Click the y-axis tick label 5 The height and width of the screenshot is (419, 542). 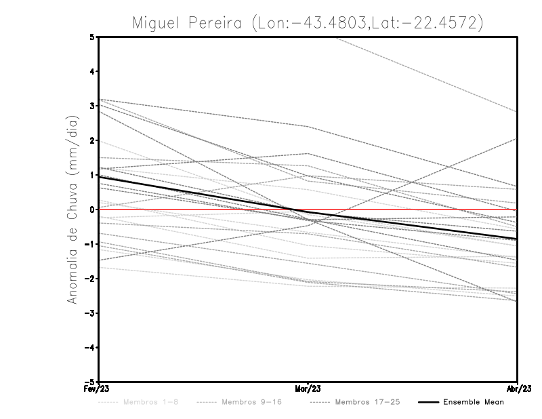92,37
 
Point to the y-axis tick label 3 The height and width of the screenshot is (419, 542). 92,106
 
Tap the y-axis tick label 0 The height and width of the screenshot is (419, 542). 92,209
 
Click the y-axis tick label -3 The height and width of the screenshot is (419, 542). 91,313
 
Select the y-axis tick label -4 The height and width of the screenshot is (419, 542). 91,347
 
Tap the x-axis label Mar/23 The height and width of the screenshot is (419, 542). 308,388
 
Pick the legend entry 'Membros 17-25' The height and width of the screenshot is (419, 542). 367,402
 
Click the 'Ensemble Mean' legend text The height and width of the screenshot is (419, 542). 474,402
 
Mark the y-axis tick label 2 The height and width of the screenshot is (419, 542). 92,140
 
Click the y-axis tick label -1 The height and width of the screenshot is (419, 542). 91,244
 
